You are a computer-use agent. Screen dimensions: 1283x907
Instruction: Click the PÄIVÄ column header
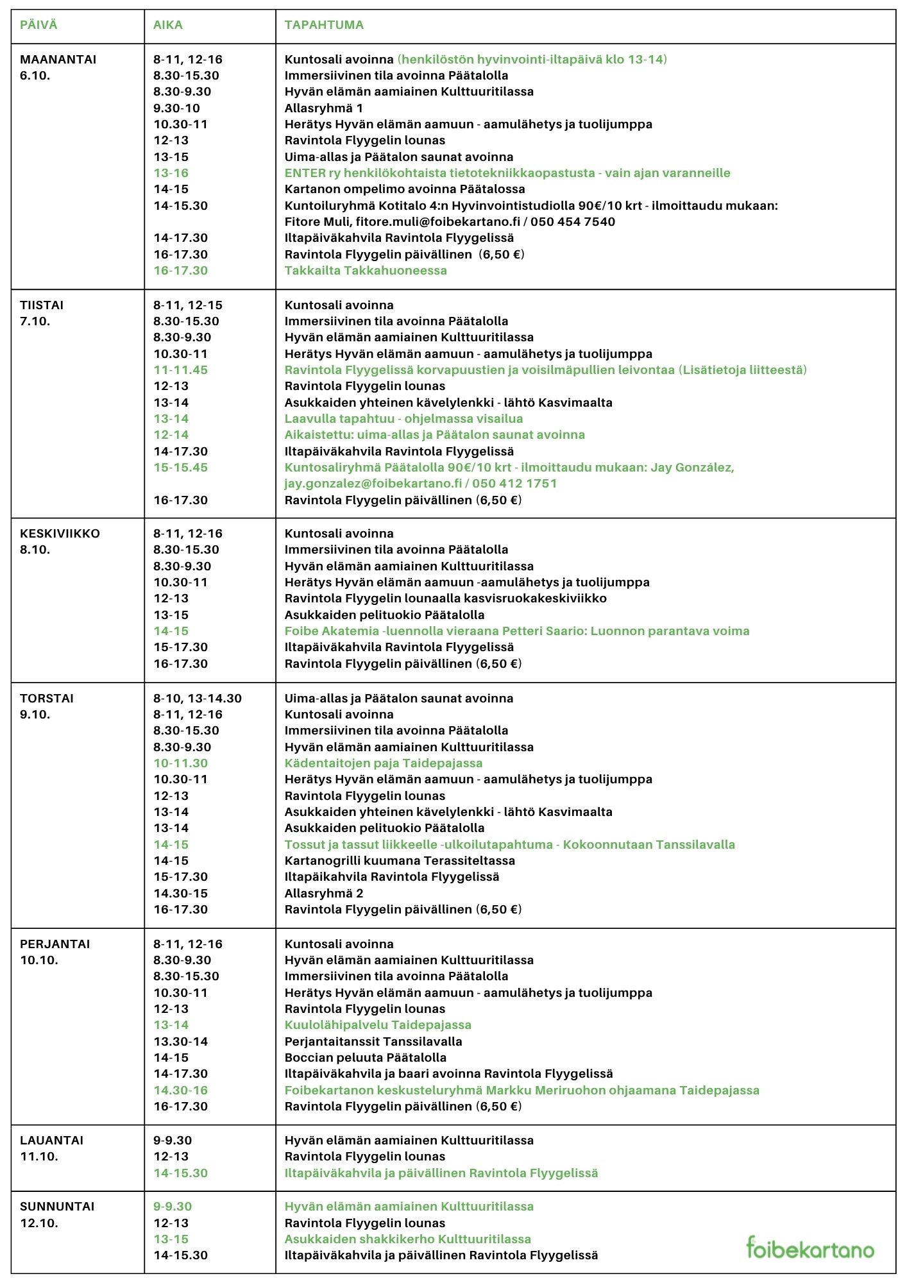pyautogui.click(x=38, y=25)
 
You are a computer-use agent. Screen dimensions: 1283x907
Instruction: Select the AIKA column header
pyautogui.click(x=167, y=25)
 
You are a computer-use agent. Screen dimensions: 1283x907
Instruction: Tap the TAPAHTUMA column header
pyautogui.click(x=324, y=25)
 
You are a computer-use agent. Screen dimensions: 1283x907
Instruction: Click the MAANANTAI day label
pyautogui.click(x=58, y=60)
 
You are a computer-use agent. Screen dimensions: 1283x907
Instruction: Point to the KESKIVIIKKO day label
pyautogui.click(x=60, y=534)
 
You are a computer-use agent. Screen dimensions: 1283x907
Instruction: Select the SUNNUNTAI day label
pyautogui.click(x=57, y=1207)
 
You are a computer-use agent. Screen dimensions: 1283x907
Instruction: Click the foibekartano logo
pyautogui.click(x=810, y=1248)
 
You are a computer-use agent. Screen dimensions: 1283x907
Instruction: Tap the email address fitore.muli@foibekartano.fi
pyautogui.click(x=438, y=222)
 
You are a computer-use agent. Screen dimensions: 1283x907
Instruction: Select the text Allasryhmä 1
pyautogui.click(x=323, y=108)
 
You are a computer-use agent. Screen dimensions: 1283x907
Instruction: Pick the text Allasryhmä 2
pyautogui.click(x=323, y=894)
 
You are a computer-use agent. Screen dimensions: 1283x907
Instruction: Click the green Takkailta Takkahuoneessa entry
pyautogui.click(x=366, y=271)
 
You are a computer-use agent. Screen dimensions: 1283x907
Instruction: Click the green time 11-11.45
pyautogui.click(x=180, y=370)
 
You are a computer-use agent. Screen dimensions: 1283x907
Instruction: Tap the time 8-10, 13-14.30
pyautogui.click(x=197, y=699)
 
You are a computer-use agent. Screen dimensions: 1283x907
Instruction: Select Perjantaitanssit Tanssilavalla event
pyautogui.click(x=373, y=1042)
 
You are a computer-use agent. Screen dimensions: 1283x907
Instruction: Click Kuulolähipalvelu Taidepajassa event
pyautogui.click(x=378, y=1025)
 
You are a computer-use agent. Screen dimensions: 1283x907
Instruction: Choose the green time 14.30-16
pyautogui.click(x=180, y=1091)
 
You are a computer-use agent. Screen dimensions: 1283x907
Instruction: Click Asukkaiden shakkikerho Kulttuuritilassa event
pyautogui.click(x=407, y=1239)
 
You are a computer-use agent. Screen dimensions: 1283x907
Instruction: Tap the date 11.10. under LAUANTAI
pyautogui.click(x=38, y=1157)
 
